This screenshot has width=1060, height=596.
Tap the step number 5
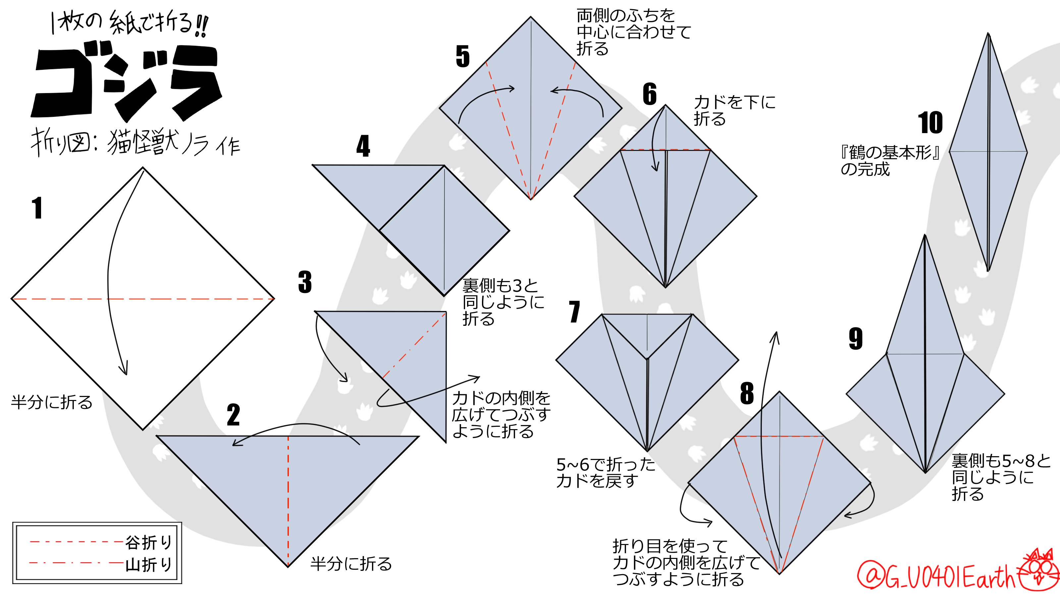pos(462,56)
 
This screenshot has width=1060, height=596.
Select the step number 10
pos(930,123)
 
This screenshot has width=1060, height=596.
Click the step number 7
pos(574,312)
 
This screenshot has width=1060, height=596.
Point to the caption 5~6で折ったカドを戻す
pos(605,472)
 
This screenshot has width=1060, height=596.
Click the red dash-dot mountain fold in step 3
pos(413,345)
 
